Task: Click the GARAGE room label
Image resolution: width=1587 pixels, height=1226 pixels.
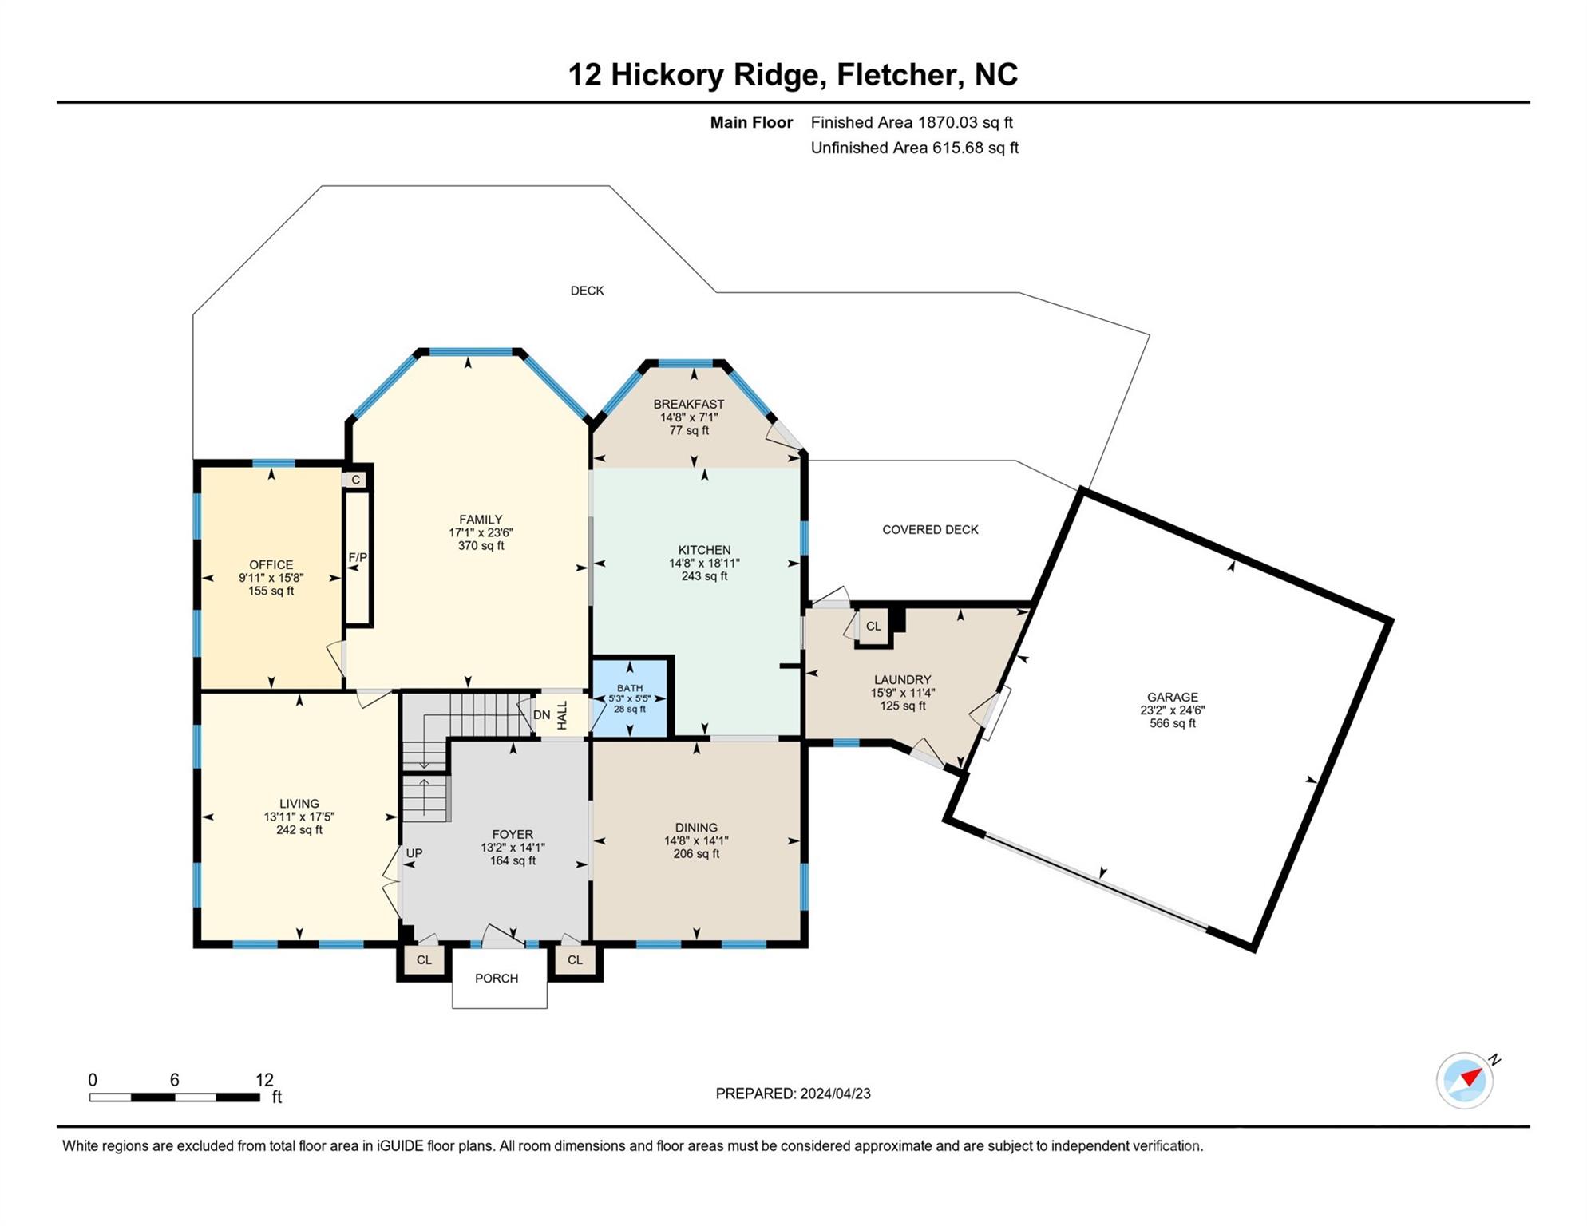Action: [1172, 697]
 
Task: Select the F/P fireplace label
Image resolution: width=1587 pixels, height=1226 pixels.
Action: [358, 557]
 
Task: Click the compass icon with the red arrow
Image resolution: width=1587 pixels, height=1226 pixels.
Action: [1465, 1081]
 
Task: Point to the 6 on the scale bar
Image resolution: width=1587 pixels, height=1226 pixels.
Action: [174, 1080]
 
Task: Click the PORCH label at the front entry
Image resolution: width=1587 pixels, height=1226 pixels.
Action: [497, 979]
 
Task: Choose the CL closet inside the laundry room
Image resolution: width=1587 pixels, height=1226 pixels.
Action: [873, 627]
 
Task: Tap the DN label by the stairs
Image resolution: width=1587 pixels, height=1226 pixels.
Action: [541, 715]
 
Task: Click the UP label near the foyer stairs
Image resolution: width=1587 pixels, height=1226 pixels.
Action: [414, 853]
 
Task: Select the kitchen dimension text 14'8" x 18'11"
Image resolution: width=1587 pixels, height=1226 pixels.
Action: [704, 563]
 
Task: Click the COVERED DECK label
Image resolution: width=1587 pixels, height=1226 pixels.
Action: [930, 530]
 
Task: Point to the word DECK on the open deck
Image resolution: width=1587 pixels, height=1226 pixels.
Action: [587, 291]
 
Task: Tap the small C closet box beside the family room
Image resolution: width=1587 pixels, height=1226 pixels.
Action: [356, 480]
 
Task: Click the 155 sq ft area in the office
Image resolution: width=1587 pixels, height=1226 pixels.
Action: [271, 591]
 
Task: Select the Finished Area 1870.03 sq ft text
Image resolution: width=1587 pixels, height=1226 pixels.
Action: [912, 122]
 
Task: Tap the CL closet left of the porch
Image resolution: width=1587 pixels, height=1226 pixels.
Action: [424, 960]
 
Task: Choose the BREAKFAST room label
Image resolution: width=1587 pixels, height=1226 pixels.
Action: [689, 405]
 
